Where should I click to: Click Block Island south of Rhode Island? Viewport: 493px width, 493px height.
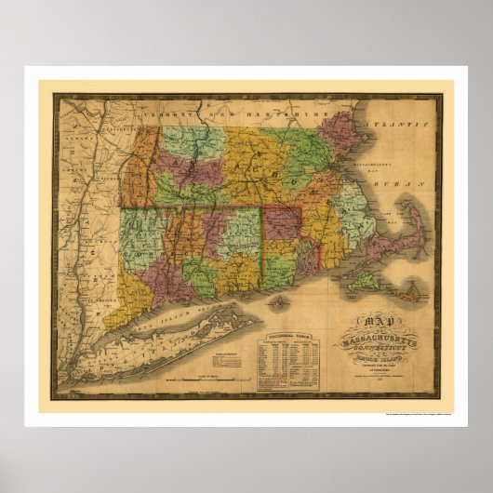(278, 301)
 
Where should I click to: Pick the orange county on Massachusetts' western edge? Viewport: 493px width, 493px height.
(140, 167)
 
